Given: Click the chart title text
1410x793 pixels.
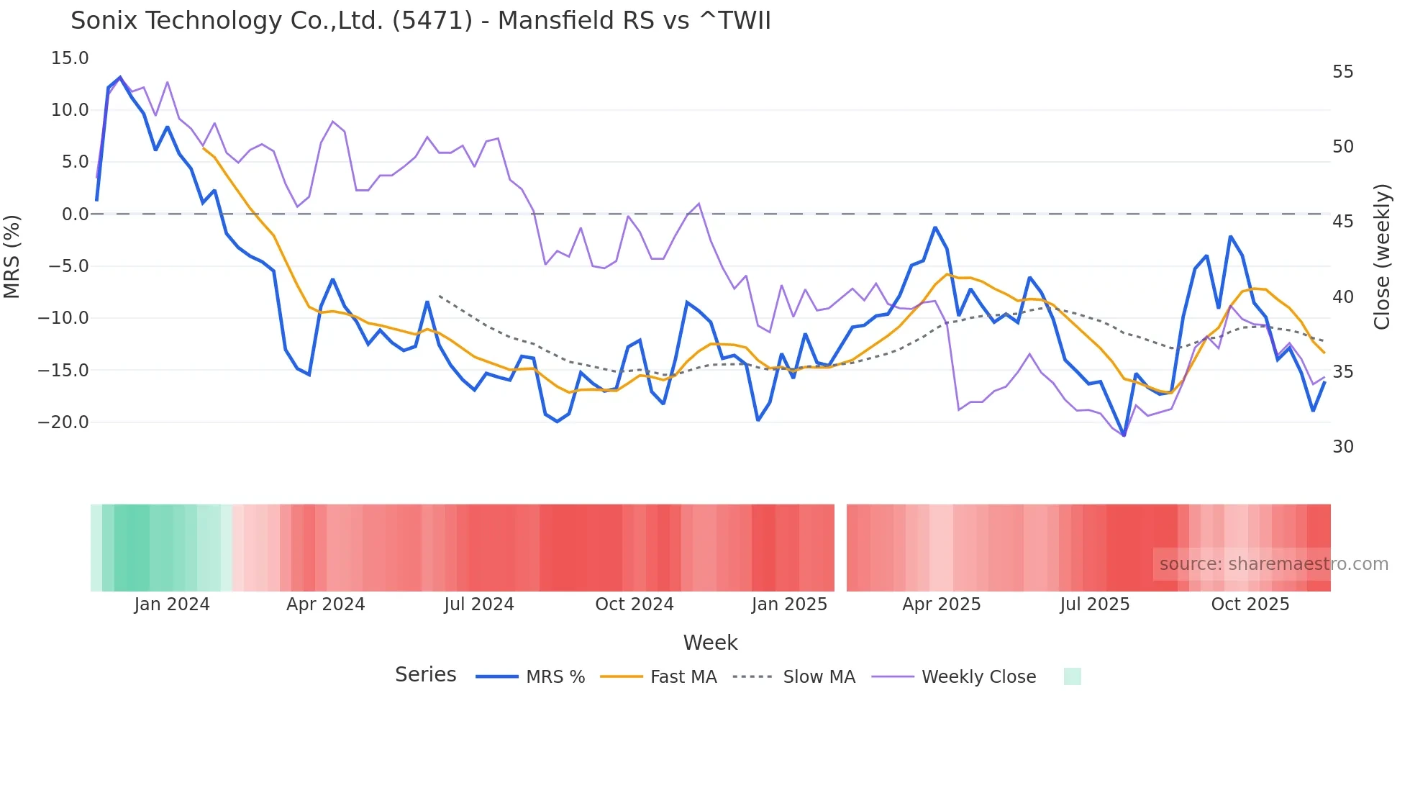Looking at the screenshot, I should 420,21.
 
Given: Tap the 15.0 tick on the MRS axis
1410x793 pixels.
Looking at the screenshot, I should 70,58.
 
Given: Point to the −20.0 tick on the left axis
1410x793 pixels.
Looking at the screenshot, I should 63,422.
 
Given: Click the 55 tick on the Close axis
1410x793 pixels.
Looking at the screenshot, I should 1342,72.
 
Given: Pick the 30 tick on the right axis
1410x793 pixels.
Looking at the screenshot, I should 1342,447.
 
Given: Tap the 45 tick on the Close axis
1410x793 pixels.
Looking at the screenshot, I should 1342,222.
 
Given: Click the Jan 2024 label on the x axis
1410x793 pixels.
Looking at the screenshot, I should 172,604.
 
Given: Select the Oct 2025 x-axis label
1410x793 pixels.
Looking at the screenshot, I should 1250,604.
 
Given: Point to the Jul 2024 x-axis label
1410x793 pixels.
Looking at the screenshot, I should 479,604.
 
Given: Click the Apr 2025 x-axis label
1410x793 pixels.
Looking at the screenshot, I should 941,604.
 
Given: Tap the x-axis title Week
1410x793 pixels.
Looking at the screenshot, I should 710,643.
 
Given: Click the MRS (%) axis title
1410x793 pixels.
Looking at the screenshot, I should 12,256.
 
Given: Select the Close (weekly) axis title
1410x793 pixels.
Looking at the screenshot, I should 1381,256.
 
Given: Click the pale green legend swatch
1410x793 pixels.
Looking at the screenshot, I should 1072,676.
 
